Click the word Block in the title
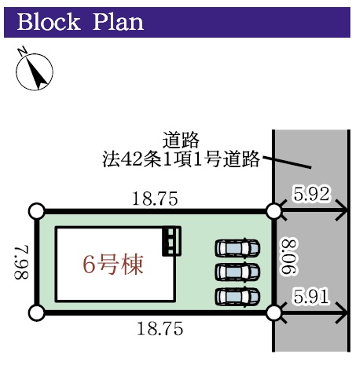pyautogui.click(x=49, y=22)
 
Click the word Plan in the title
pyautogui.click(x=119, y=22)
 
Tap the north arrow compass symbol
pyautogui.click(x=34, y=70)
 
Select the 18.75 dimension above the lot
pyautogui.click(x=155, y=199)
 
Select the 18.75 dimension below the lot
pyautogui.click(x=160, y=329)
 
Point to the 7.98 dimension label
pyautogui.click(x=21, y=262)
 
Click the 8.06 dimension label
pyautogui.click(x=288, y=257)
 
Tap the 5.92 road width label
pyautogui.click(x=311, y=194)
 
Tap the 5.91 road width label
pyautogui.click(x=311, y=297)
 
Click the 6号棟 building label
pyautogui.click(x=113, y=265)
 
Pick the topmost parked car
pyautogui.click(x=237, y=248)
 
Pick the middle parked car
pyautogui.click(x=237, y=272)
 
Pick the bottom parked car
pyautogui.click(x=237, y=297)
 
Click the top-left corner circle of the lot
pyautogui.click(x=37, y=211)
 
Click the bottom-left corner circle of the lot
pyautogui.click(x=37, y=312)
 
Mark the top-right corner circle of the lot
pyautogui.click(x=273, y=211)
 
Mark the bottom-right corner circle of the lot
pyautogui.click(x=273, y=312)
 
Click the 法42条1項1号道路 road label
pyautogui.click(x=181, y=159)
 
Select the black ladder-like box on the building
pyautogui.click(x=171, y=241)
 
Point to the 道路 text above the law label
pyautogui.click(x=181, y=140)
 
